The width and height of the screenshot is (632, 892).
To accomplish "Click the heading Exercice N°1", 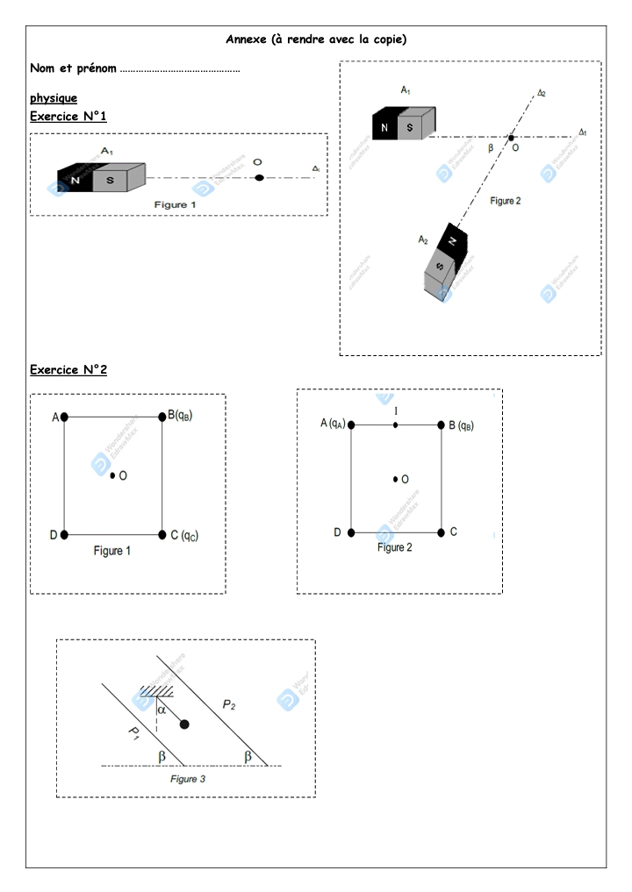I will (x=68, y=117).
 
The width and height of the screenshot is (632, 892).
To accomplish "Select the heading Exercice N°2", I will (x=68, y=370).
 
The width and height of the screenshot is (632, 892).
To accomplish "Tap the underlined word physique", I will (x=54, y=98).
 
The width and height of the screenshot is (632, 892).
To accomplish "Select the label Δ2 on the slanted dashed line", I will (x=542, y=92).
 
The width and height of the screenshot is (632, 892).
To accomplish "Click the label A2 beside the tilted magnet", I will (x=423, y=239).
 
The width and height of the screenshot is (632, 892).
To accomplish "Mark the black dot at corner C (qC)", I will (x=162, y=534).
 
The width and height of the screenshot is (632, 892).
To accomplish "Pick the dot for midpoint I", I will (x=396, y=425).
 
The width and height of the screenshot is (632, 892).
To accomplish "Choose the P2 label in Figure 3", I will (x=228, y=703).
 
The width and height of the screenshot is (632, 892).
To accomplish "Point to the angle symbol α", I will (x=162, y=710).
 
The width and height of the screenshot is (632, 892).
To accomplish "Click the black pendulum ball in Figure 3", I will (x=184, y=724).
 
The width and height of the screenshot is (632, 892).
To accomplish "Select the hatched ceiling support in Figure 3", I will (x=154, y=693).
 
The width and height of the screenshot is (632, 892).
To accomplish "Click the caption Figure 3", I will (x=188, y=778).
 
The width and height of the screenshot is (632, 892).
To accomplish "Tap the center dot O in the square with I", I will (x=395, y=479).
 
